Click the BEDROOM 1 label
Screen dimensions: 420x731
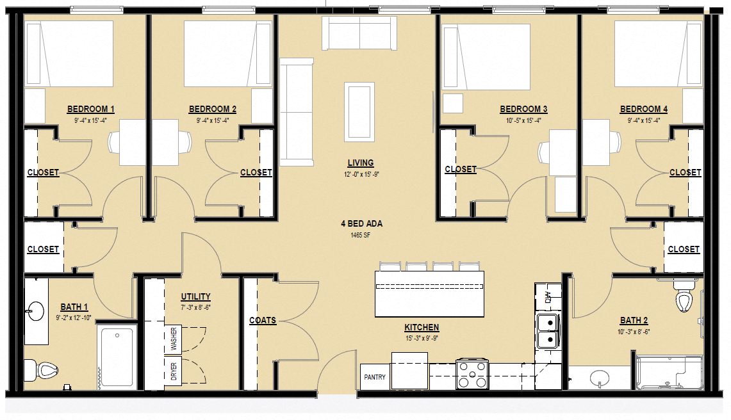90,109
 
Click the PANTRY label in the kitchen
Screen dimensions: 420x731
375,377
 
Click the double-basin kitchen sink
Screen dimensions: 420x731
547,330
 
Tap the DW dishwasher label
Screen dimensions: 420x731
548,296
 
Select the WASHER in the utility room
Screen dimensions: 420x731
174,339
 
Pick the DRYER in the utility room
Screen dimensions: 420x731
174,372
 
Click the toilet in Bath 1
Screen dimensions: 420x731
40,369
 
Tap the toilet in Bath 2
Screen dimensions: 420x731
684,300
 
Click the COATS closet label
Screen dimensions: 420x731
263,320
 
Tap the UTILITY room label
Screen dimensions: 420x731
195,296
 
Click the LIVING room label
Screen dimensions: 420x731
360,163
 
